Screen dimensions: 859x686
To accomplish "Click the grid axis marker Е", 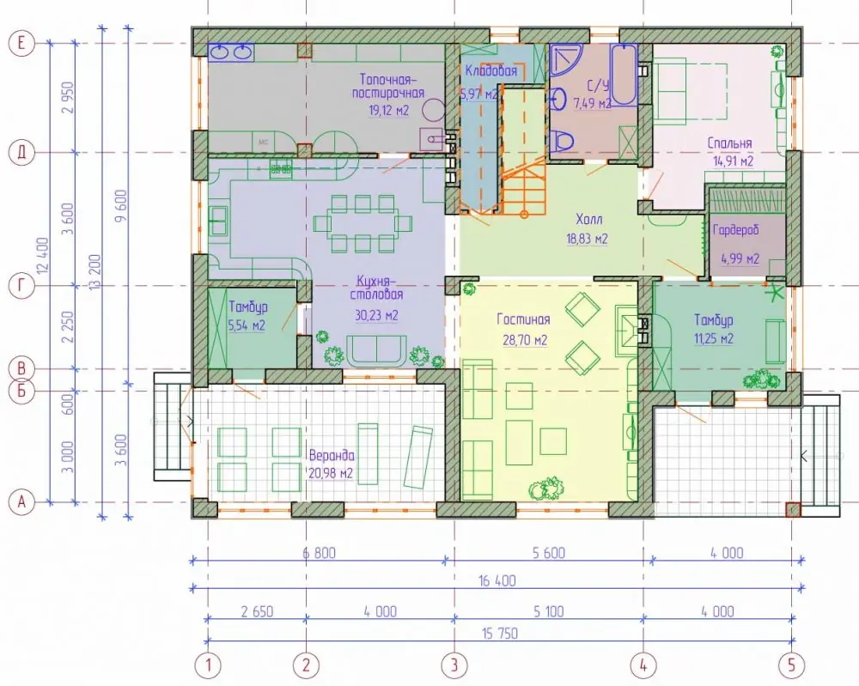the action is [21, 43].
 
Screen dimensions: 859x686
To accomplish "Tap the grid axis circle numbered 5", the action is [791, 665].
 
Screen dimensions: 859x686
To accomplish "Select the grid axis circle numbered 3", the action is [454, 665].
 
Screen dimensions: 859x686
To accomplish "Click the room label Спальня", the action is [729, 143].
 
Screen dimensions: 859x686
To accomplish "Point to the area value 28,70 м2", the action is [525, 341].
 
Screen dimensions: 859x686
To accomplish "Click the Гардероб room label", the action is [736, 230].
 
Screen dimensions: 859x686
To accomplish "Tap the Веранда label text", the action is [332, 456].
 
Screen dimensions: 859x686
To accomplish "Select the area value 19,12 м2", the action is [389, 111].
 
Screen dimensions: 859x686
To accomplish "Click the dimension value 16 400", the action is [497, 580].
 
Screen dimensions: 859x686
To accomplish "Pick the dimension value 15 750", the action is [500, 634].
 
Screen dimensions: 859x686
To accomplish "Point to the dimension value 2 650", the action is [257, 611].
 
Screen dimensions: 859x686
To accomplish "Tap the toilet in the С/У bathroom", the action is [562, 142].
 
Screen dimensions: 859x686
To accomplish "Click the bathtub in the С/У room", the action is [624, 75].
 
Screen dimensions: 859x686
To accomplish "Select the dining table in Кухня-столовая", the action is [362, 223].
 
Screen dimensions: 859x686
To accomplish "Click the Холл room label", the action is [589, 220].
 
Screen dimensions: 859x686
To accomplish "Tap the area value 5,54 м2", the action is [246, 325].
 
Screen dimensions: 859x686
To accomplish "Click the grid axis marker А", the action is [21, 501].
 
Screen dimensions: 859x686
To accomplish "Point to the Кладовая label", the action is [490, 70].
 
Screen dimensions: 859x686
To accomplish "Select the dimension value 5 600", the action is [548, 553].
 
